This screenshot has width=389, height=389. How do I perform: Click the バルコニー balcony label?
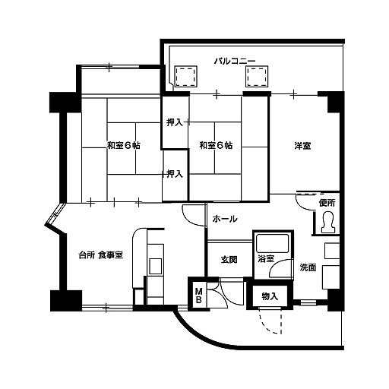click(x=235, y=61)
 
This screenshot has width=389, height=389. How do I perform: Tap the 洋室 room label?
click(x=303, y=146)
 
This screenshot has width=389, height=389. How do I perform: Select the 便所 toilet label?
click(x=327, y=203)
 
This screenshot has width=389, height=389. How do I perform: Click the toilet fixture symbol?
click(x=328, y=223)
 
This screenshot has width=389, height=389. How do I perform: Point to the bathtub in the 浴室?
click(x=272, y=243)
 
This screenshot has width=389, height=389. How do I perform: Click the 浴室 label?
click(x=266, y=259)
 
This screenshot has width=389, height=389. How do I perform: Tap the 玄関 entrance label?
click(x=229, y=260)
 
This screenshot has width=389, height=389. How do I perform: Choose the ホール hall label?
click(x=225, y=219)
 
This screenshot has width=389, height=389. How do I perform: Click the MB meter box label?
click(x=199, y=296)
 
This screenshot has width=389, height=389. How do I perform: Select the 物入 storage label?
click(x=270, y=296)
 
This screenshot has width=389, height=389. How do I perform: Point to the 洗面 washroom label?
click(x=308, y=267)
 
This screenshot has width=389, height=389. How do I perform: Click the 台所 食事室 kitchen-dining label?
click(x=101, y=255)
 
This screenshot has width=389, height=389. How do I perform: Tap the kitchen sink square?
click(x=155, y=266)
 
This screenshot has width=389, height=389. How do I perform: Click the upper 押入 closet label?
click(x=175, y=122)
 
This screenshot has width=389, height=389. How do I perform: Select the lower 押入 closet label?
click(x=175, y=174)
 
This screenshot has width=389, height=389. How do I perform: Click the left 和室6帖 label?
click(x=124, y=146)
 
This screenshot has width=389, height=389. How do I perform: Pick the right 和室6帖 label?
click(x=216, y=146)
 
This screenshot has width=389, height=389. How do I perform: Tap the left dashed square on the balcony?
click(x=185, y=77)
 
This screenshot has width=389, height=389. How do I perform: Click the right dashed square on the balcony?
click(x=257, y=77)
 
